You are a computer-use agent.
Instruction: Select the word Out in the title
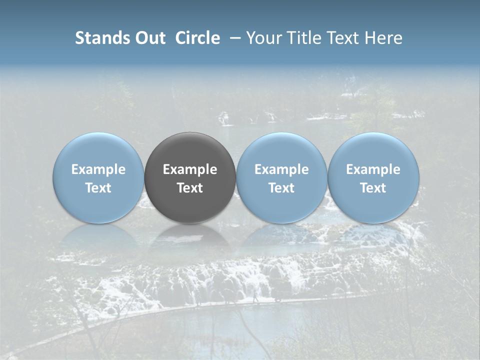[150, 38]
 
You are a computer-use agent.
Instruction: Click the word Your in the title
[262, 38]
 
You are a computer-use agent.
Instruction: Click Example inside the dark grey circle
[190, 169]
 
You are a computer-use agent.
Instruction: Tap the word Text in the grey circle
[190, 188]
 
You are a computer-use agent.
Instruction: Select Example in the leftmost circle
[98, 169]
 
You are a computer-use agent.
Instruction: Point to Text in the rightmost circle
[373, 188]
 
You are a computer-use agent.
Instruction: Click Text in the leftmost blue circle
[98, 188]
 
